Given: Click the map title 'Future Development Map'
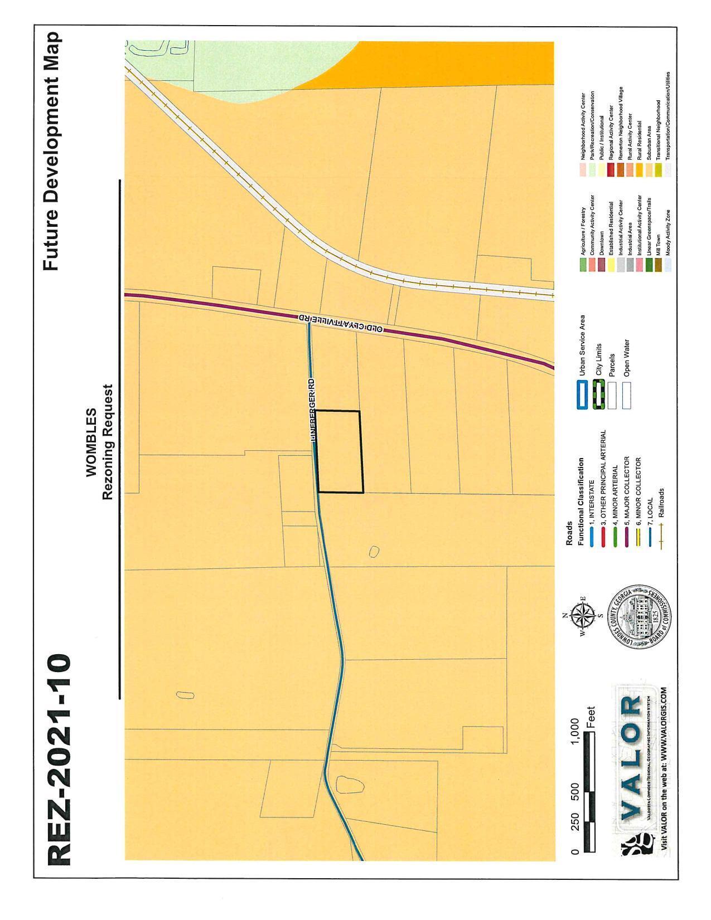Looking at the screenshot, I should (x=52, y=152).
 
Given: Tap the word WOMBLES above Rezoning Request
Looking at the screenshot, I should (x=91, y=442).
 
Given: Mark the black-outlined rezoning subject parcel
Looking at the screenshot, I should (x=340, y=452).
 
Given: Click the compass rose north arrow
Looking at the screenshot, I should (x=582, y=616).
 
